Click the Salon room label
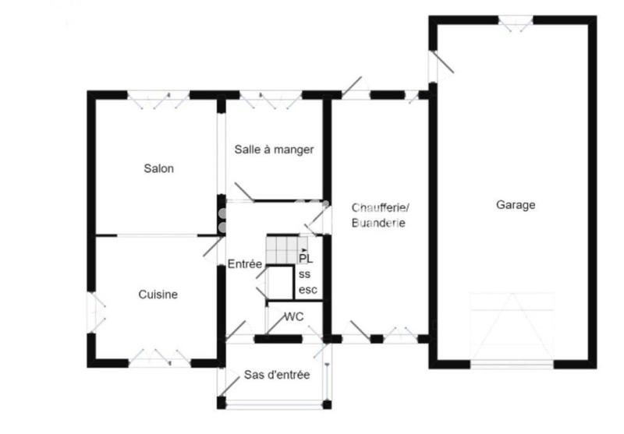coord(158,168)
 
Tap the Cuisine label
coord(158,295)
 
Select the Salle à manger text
coord(274,150)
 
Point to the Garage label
coord(516,205)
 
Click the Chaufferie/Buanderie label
coord(380,214)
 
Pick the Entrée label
coord(244,264)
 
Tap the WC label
coord(293,316)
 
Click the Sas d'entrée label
coord(276,375)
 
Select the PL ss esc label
coord(307,274)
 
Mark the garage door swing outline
coord(512,327)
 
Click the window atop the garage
coord(515,20)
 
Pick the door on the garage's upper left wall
coord(441,62)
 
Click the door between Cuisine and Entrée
coord(211,246)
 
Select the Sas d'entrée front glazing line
coord(275,402)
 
